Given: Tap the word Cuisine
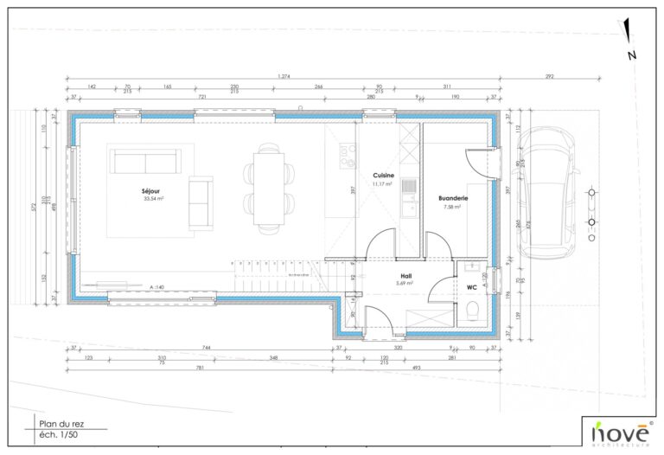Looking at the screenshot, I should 383,175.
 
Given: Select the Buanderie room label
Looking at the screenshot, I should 453,198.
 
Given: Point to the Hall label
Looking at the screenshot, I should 404,274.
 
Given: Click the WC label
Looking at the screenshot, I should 472,286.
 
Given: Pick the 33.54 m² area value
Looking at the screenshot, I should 154,198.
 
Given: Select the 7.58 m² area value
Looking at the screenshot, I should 454,207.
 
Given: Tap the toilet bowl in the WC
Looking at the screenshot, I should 471,310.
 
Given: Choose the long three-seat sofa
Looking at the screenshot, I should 144,162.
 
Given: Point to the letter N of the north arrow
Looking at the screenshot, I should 632,55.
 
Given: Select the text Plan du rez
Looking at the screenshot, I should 60,423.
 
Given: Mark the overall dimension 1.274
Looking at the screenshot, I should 283,77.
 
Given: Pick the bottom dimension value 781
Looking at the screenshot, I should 201,367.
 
